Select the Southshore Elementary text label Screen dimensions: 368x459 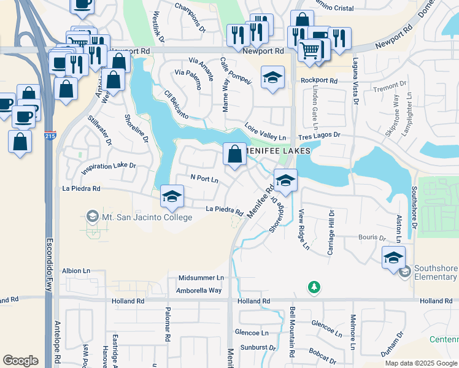pos(435,272)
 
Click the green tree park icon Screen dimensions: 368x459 pos(314,286)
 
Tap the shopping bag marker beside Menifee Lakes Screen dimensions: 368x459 pos(234,155)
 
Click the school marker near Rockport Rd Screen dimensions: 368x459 pos(272,77)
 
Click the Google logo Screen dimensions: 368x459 pos(20,361)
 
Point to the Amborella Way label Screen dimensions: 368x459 pos(199,290)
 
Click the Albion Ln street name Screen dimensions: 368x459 pos(76,270)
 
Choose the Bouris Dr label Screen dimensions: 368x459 pos(373,237)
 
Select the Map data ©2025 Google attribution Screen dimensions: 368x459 pos(421,363)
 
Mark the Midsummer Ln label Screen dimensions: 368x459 pos(201,278)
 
